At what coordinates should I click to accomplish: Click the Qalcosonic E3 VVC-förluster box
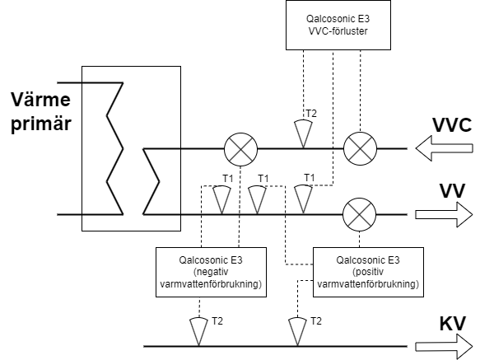338,25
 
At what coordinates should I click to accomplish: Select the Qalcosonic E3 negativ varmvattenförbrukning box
211,272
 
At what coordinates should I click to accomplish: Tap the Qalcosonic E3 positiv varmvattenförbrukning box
368,272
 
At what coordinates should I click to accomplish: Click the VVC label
452,125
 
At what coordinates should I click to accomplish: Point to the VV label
452,191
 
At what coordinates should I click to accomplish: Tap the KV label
452,323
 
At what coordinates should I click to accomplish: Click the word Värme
40,100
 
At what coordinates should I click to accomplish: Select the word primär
41,124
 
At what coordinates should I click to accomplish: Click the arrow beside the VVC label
445,148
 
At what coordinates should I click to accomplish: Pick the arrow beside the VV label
444,215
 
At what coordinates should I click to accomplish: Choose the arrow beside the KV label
444,347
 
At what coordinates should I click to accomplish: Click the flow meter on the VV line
359,215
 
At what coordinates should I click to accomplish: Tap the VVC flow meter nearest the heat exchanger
240,149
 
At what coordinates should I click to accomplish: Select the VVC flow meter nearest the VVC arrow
360,149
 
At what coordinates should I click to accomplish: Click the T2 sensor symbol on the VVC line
303,133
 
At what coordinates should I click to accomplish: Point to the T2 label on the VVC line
311,114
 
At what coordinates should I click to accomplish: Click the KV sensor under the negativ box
198,332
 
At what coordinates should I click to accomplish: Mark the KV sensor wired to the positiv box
297,332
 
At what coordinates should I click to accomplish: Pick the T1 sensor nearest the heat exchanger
221,200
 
